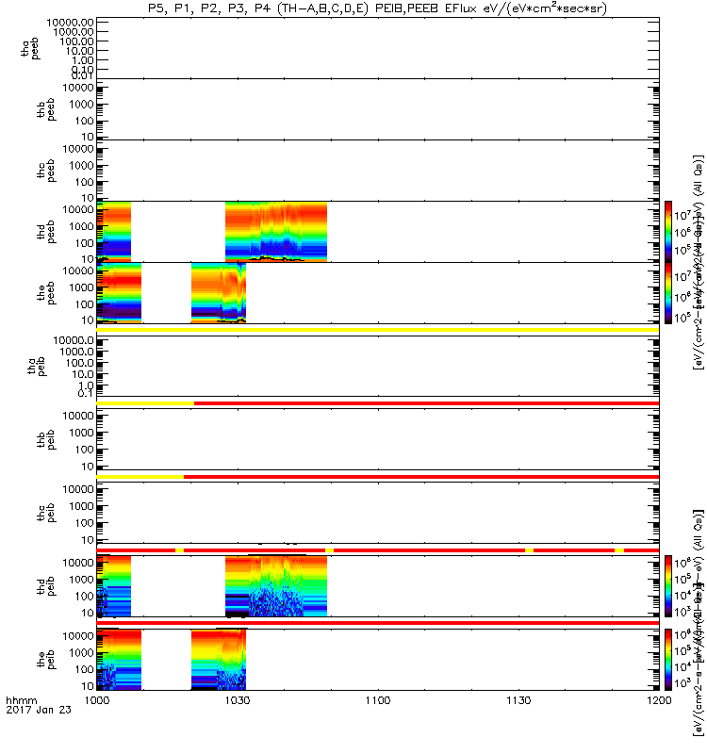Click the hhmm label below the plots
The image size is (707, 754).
click(x=21, y=701)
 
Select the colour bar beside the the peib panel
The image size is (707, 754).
click(x=667, y=659)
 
